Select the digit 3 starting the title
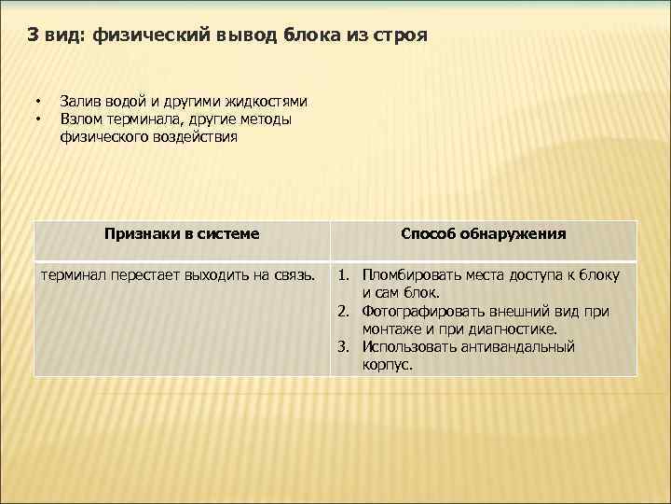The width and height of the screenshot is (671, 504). point(33,36)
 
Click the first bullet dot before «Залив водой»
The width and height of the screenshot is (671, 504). point(39,102)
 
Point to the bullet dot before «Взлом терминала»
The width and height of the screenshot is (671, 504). point(39,119)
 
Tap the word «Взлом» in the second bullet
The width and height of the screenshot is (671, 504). point(81,119)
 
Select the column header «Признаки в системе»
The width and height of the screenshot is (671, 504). point(182,233)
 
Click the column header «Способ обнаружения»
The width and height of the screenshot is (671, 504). point(483,233)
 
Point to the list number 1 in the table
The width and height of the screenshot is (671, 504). point(343,275)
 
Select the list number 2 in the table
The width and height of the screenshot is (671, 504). point(343,311)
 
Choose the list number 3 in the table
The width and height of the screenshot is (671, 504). point(343,346)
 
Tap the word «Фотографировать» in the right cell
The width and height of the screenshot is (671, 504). point(425,311)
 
